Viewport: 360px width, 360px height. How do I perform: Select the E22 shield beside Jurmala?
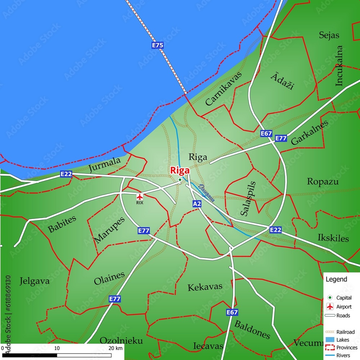66,174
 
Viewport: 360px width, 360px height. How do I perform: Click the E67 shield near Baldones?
232,312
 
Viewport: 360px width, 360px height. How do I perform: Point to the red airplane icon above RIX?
140,197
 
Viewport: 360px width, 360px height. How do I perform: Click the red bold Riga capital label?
180,170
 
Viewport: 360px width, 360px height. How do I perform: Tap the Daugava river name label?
207,193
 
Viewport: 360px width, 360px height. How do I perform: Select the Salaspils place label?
248,198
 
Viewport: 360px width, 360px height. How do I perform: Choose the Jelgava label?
35,281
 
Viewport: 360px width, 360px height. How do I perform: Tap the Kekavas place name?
205,287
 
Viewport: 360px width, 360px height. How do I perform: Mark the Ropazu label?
323,181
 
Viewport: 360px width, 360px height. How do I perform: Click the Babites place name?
62,224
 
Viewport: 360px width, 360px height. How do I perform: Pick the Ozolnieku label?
121,341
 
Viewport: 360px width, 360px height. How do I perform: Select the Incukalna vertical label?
339,66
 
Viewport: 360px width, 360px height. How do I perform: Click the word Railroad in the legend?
345,332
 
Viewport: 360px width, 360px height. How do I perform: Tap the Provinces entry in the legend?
347,347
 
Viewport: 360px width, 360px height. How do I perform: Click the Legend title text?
336,279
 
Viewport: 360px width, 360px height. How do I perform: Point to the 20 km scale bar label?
115,348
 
